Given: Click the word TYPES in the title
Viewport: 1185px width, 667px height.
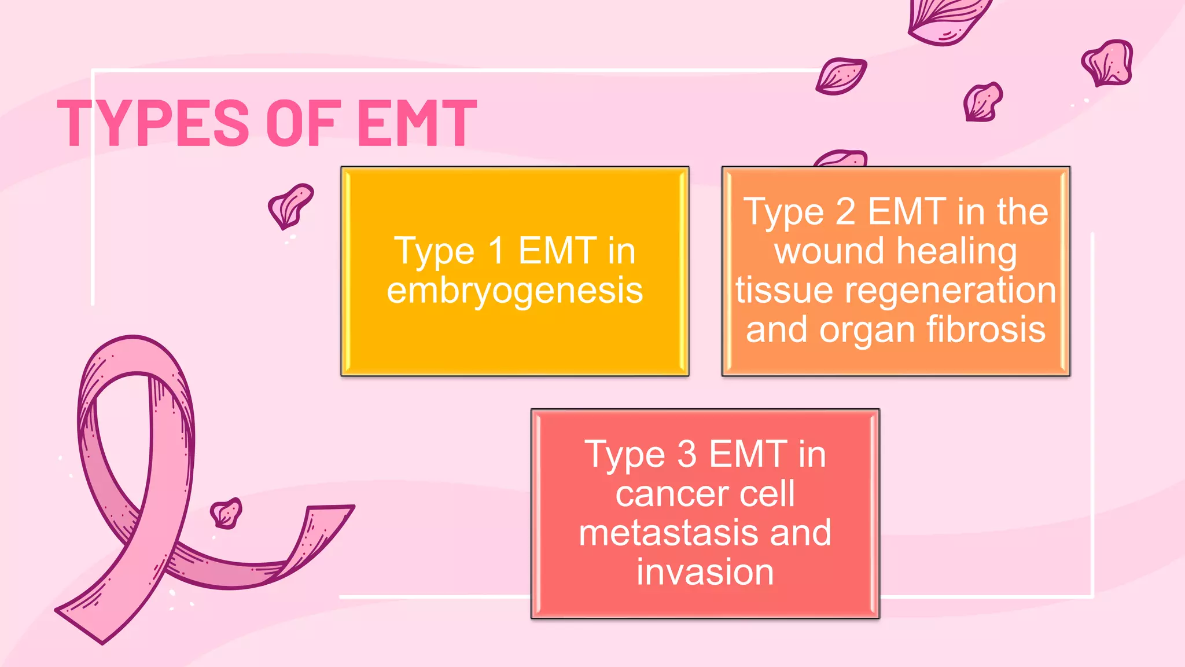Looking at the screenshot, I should tap(153, 123).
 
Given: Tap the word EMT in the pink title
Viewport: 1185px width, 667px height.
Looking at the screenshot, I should tap(417, 123).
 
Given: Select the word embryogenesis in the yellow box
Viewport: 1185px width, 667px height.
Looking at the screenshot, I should tap(514, 291).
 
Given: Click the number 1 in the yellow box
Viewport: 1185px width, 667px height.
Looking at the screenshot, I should tap(496, 251).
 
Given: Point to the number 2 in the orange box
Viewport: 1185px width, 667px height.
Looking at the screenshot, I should tap(845, 212).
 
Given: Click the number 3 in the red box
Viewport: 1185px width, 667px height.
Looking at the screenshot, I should tap(687, 455).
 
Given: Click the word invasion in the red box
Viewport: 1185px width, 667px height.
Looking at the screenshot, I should tap(705, 572).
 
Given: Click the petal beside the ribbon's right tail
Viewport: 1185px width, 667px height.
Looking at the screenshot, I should tap(226, 513).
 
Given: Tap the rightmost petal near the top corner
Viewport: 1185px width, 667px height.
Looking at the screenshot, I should tap(1107, 63).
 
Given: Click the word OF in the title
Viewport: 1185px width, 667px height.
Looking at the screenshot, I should tap(301, 123).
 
